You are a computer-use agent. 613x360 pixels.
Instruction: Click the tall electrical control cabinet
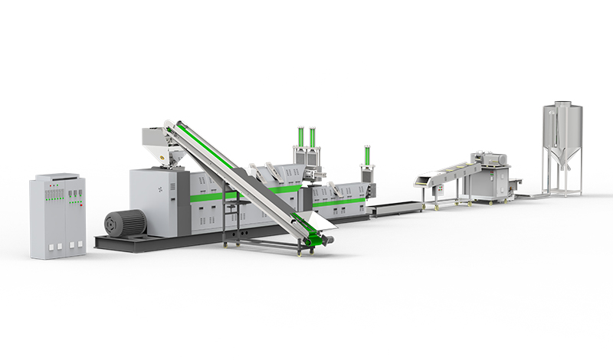point(57,216)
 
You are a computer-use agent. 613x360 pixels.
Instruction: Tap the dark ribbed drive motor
point(125,223)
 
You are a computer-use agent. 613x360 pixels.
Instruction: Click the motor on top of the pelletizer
point(491,158)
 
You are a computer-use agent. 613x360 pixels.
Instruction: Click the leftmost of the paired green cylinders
point(301,141)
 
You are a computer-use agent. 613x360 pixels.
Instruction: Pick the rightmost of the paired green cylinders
point(313,141)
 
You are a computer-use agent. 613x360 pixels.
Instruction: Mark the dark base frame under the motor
point(123,242)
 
